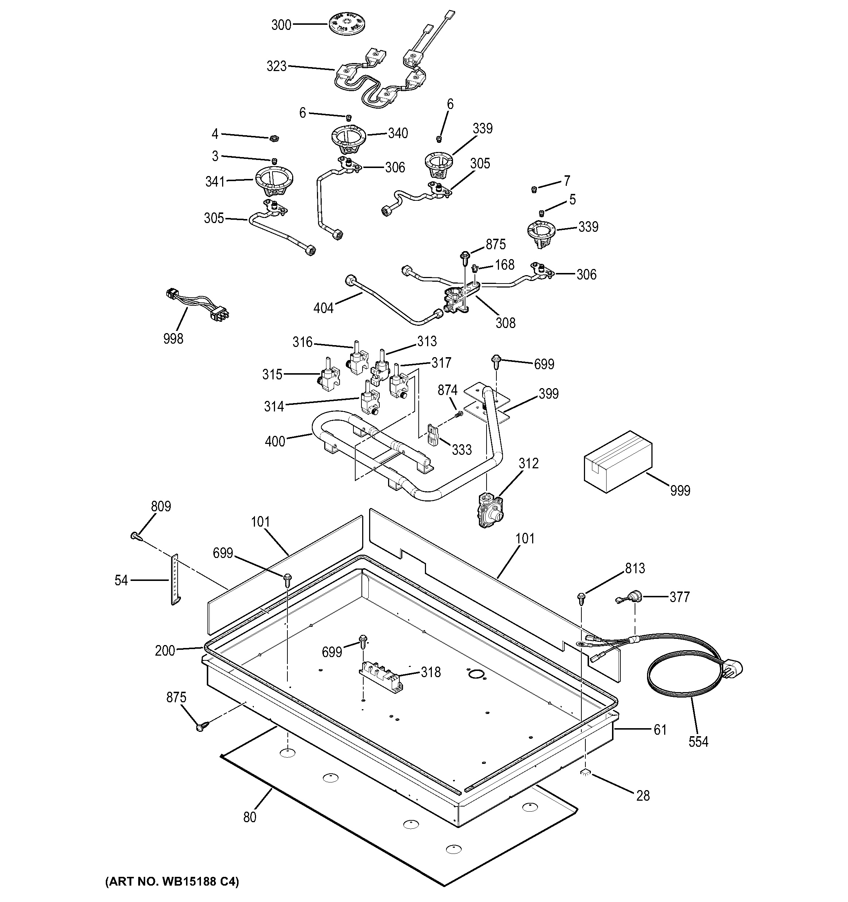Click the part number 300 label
[x=281, y=25]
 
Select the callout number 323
[x=276, y=67]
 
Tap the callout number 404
[x=323, y=309]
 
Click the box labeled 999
[x=618, y=461]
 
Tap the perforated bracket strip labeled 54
[x=175, y=580]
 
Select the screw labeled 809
[x=135, y=537]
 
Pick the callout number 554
[x=698, y=742]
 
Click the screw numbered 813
[x=581, y=598]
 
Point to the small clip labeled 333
[x=432, y=436]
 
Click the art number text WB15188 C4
[x=172, y=882]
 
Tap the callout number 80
[x=250, y=817]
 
